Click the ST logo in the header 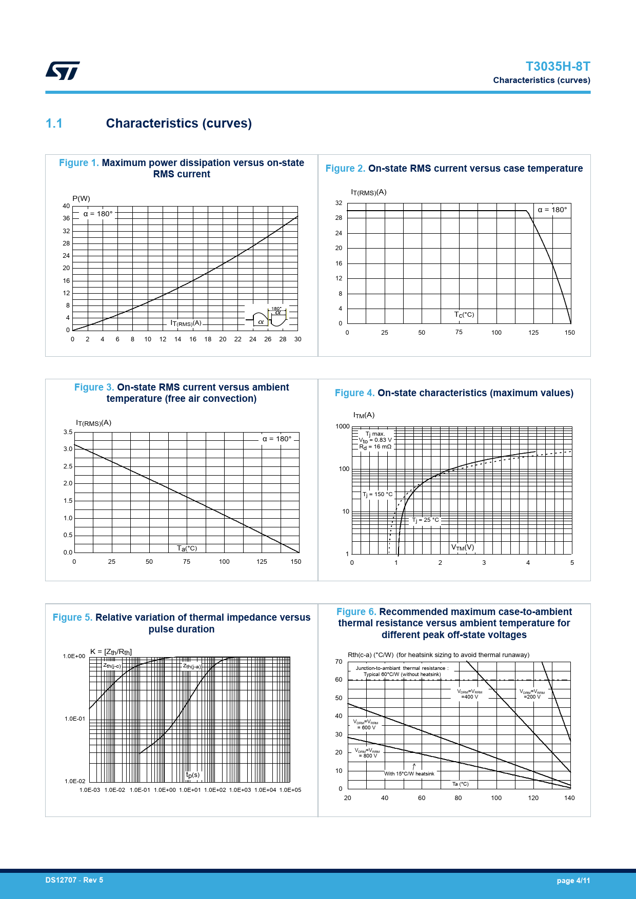click(x=63, y=71)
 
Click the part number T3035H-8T click(x=558, y=67)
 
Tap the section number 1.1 click(x=54, y=124)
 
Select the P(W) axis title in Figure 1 click(x=81, y=198)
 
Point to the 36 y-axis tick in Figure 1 click(x=66, y=218)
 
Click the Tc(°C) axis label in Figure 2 click(x=464, y=315)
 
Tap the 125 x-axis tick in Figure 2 click(x=533, y=333)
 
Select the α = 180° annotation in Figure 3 click(x=277, y=439)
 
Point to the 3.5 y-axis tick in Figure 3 click(x=68, y=432)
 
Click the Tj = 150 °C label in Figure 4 click(x=377, y=495)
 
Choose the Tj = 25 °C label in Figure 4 click(x=426, y=520)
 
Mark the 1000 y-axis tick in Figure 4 click(x=343, y=426)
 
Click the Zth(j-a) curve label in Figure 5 click(x=192, y=666)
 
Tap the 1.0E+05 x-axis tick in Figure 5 click(x=290, y=790)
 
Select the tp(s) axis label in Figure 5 click(x=193, y=775)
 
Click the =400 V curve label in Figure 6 click(x=470, y=697)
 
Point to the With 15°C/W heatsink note click(x=409, y=773)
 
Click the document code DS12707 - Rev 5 click(x=74, y=880)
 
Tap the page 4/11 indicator click(x=573, y=881)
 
